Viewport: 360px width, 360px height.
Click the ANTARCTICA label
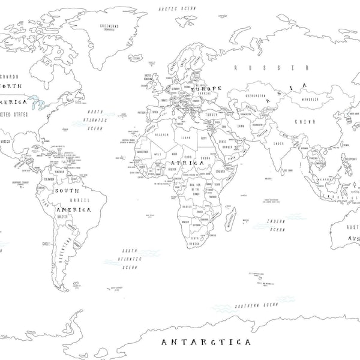tap(206, 342)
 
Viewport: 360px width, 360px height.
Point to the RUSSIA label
tap(271, 68)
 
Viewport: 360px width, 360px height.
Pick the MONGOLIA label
tap(310, 100)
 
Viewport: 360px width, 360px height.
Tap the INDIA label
tap(278, 143)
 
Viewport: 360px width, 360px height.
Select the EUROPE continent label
tap(206, 88)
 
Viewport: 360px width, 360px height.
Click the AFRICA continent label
tap(188, 163)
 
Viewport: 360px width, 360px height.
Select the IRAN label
tap(239, 126)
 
